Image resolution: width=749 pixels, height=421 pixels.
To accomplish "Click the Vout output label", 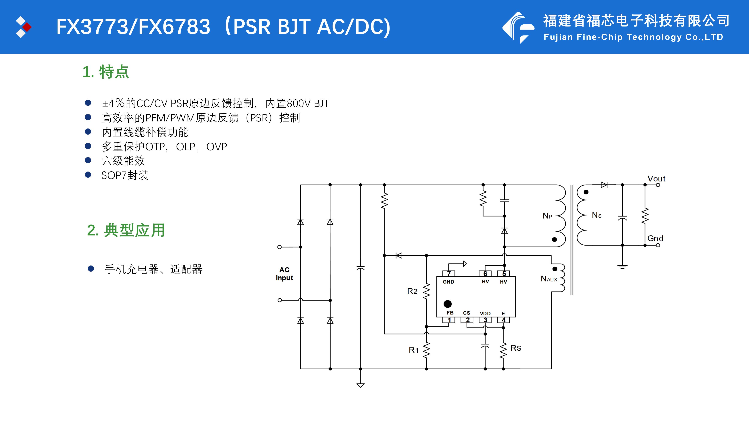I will [x=656, y=179].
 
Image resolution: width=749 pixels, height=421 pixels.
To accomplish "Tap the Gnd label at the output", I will [x=655, y=239].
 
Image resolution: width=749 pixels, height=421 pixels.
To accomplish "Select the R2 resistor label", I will [x=412, y=291].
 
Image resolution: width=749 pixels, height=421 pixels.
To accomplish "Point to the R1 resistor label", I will [x=414, y=350].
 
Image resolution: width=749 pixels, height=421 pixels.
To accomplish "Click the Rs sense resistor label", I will [x=516, y=348].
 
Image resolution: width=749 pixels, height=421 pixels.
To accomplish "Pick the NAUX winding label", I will [x=549, y=279].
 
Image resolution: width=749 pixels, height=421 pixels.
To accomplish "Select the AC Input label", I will [x=284, y=274].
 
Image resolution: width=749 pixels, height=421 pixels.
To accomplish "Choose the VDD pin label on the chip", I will [x=485, y=313].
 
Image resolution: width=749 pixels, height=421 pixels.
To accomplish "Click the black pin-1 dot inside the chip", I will [x=447, y=304].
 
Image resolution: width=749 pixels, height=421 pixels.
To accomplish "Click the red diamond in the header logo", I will [x=27, y=27].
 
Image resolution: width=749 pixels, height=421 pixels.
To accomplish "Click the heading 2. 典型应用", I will [x=126, y=230].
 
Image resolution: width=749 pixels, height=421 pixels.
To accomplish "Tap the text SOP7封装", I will [x=125, y=175].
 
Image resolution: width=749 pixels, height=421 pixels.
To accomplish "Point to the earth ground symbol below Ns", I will [x=622, y=267].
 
